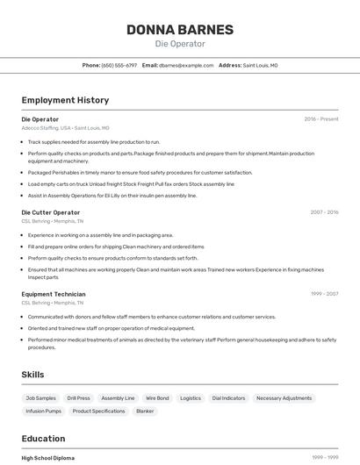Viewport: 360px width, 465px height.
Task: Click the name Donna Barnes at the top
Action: pos(180,29)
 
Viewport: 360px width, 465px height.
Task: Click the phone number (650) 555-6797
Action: pos(119,65)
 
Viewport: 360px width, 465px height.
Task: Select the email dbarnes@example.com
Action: pos(186,65)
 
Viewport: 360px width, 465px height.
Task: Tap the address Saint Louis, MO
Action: pos(260,65)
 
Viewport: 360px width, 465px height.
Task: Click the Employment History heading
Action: pos(65,100)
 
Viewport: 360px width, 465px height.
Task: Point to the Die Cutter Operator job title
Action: pos(50,212)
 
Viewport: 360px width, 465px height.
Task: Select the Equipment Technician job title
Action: pos(54,294)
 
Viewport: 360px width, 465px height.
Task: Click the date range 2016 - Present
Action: pos(321,119)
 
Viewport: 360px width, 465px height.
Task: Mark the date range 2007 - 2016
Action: pos(324,212)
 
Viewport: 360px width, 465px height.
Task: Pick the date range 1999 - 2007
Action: pos(324,294)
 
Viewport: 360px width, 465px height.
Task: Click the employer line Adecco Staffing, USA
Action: pos(47,128)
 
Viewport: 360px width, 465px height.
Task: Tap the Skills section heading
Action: pos(32,375)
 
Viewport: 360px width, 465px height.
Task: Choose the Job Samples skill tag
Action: pos(41,398)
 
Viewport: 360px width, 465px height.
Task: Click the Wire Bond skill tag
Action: pos(157,398)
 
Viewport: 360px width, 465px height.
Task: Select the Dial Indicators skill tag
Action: pos(228,398)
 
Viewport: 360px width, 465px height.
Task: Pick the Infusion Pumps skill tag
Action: pos(44,411)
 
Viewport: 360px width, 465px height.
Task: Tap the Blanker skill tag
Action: pos(145,411)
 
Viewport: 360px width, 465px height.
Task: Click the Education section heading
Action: pos(43,439)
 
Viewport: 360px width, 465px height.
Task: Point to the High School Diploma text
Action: pos(47,458)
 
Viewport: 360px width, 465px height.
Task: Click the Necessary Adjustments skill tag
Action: pos(284,398)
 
